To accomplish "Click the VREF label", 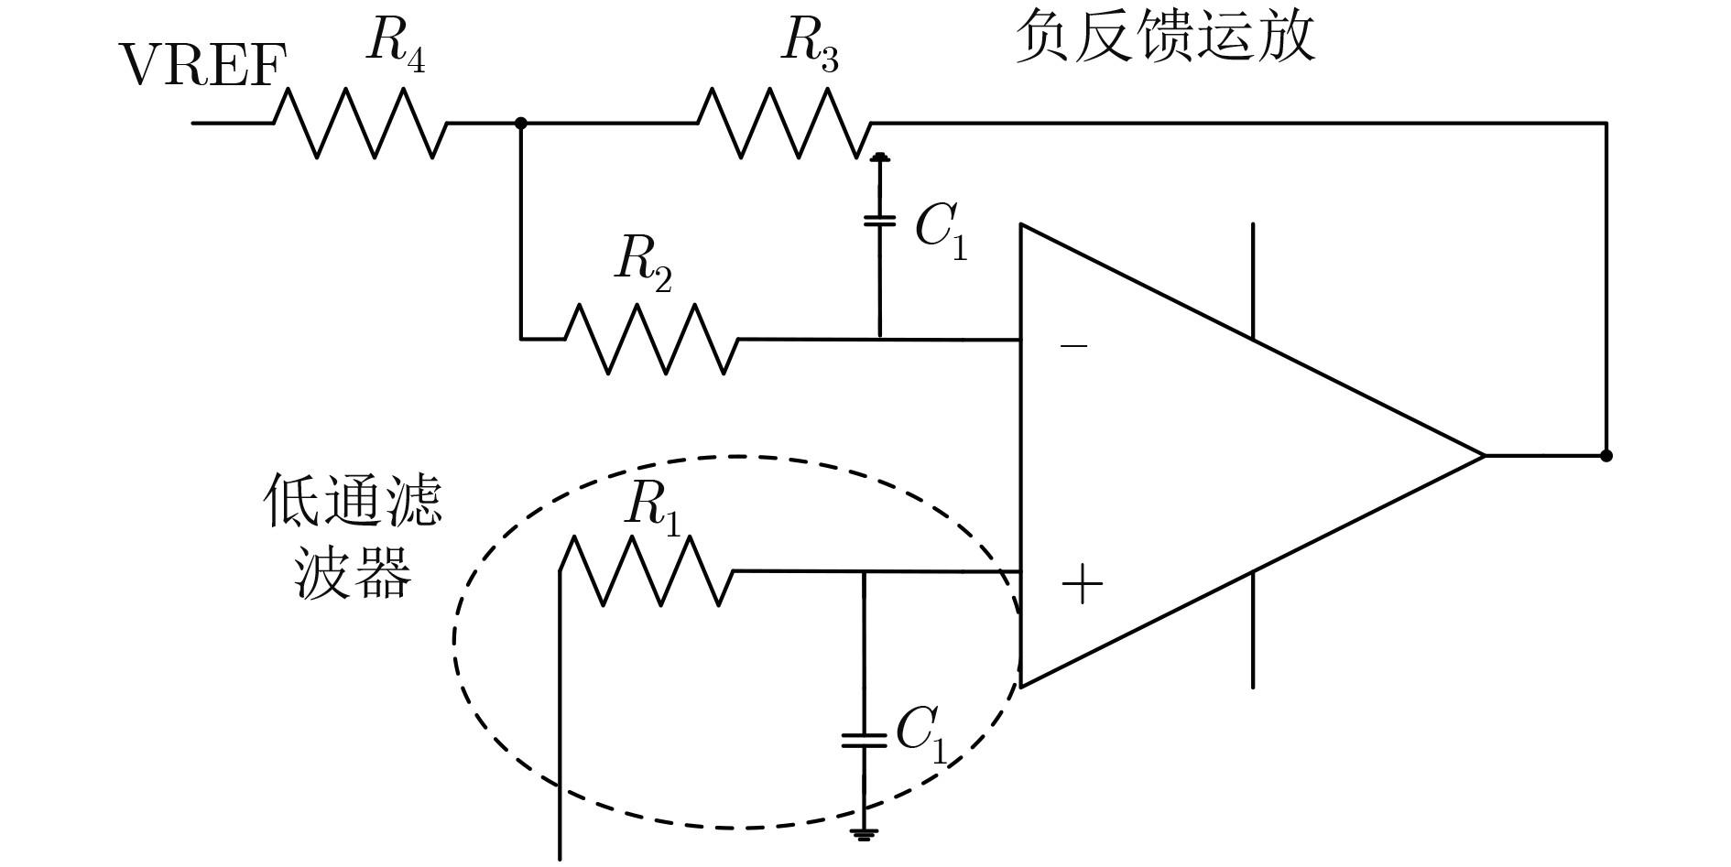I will pyautogui.click(x=202, y=66).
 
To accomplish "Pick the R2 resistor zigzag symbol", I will pyautogui.click(x=651, y=339).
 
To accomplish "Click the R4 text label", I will pyautogui.click(x=395, y=43).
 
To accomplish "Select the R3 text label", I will pyautogui.click(x=809, y=43).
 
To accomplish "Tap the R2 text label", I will pyautogui.click(x=643, y=263).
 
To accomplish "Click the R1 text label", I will pyautogui.click(x=652, y=506).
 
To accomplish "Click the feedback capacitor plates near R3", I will pyautogui.click(x=879, y=221).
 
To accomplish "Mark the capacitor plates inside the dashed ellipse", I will pyautogui.click(x=864, y=740).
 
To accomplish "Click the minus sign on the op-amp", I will pyautogui.click(x=1073, y=346).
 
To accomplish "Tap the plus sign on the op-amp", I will pyautogui.click(x=1082, y=584).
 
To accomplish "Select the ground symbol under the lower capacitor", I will pyautogui.click(x=864, y=833).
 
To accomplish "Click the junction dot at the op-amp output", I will pyautogui.click(x=1606, y=455).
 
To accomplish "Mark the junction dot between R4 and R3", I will pyautogui.click(x=521, y=123).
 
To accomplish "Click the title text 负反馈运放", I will pyautogui.click(x=1164, y=38).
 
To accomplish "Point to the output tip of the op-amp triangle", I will pyautogui.click(x=1482, y=455).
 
